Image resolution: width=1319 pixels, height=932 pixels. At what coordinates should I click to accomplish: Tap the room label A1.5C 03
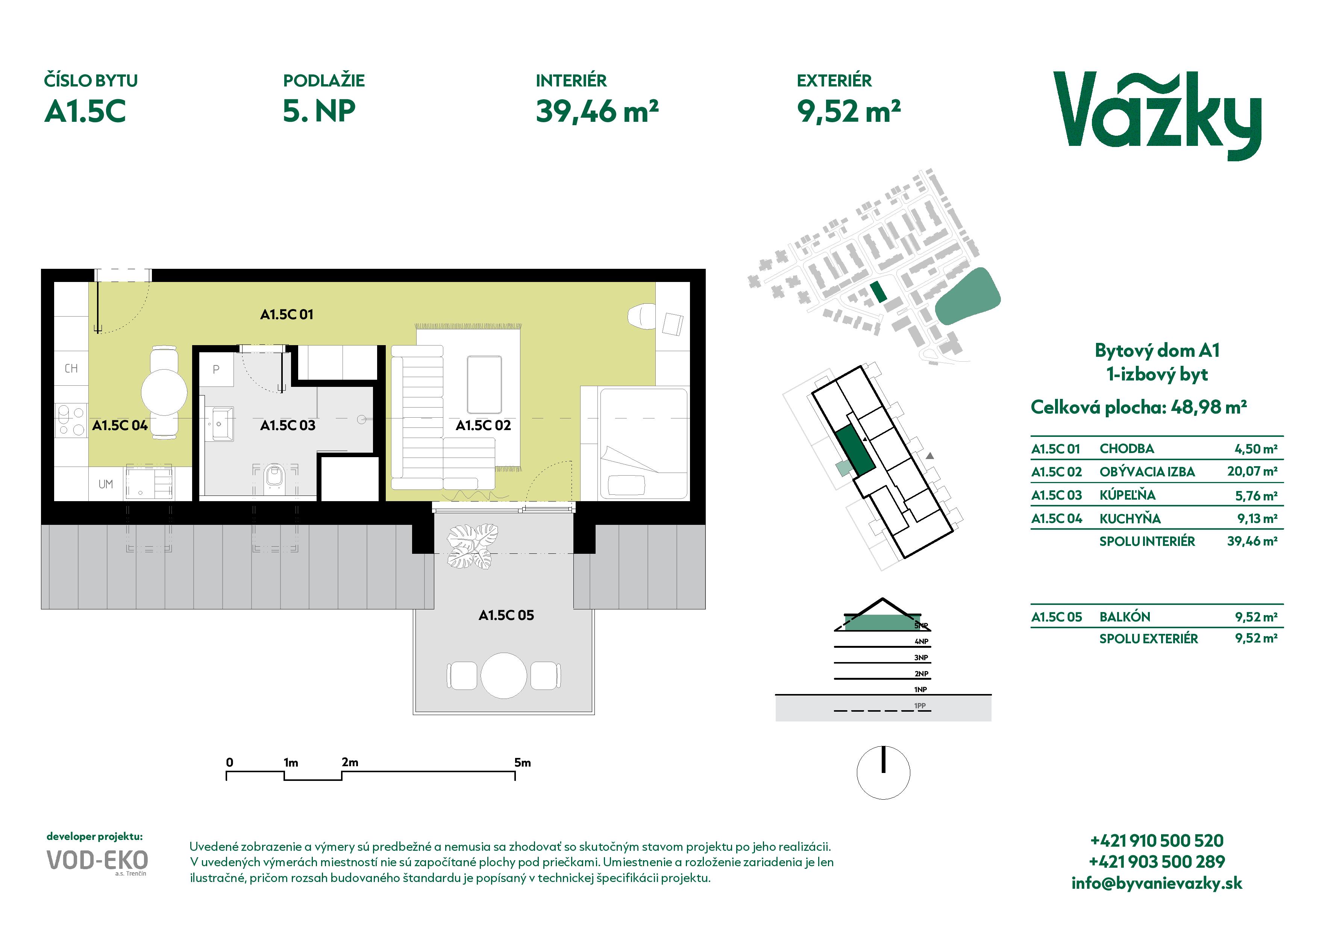coord(288,426)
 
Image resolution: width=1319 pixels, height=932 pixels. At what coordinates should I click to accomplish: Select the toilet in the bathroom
coord(274,478)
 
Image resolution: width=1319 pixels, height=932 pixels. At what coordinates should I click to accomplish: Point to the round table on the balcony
coord(504,676)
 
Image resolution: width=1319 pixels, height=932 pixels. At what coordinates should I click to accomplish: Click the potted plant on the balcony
coord(473,546)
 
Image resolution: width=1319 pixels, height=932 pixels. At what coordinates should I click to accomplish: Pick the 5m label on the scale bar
coord(522,762)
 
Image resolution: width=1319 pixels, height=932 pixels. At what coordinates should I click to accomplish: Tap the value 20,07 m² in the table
coord(1252,471)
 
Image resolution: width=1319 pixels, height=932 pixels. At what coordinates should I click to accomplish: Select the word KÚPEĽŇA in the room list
coord(1127,495)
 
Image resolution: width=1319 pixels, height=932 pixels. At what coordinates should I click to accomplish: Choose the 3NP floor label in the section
coord(922,658)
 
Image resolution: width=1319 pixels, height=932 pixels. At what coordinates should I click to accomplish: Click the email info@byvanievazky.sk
coord(1157,883)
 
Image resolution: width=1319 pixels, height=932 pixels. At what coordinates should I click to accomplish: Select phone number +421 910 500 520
coord(1157,841)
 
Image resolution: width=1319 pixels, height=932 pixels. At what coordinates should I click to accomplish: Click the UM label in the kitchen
coord(106,484)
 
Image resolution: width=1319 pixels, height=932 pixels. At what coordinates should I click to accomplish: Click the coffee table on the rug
coord(484,385)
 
